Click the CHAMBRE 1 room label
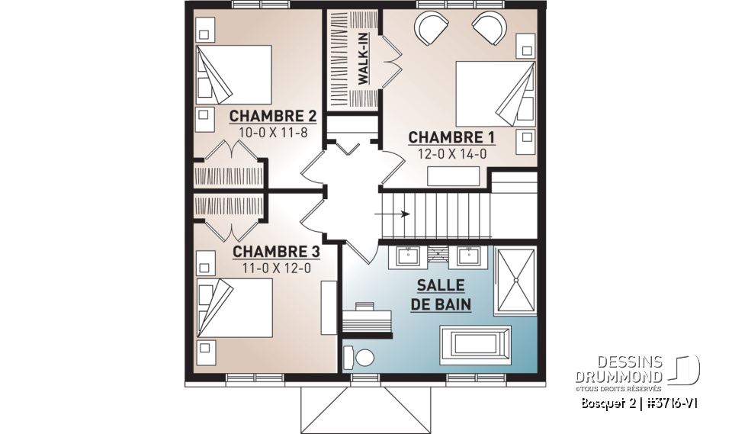tap(452, 137)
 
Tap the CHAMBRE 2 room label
tap(273, 116)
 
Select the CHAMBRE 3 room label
tap(275, 252)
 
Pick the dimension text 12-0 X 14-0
tap(452, 153)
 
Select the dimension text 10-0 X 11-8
tap(273, 132)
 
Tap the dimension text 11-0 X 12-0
tap(275, 268)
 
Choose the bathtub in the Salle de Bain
tap(475, 339)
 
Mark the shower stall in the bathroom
tap(516, 280)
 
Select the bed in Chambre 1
tap(493, 93)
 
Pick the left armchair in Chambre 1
tap(432, 29)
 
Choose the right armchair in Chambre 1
tap(489, 29)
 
